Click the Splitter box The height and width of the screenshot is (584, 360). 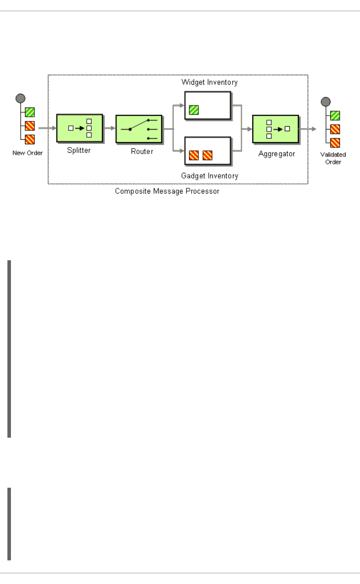[x=79, y=128]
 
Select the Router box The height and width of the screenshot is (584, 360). [x=139, y=129]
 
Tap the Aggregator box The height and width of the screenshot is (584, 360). [x=275, y=129]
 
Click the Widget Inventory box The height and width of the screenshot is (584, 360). [x=208, y=105]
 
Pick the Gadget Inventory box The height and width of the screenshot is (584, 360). [x=208, y=151]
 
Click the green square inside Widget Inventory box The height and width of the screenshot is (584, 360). [x=194, y=110]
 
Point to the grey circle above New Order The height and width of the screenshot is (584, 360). [x=20, y=98]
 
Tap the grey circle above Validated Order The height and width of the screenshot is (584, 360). [x=325, y=102]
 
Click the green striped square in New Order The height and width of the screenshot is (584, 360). [x=30, y=112]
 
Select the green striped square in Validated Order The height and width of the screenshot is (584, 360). [x=335, y=116]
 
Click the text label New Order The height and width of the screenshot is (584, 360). [x=28, y=153]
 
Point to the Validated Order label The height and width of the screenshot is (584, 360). [x=333, y=158]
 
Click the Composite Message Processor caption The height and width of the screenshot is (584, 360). [x=167, y=191]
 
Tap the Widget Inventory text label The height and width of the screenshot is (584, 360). [x=209, y=82]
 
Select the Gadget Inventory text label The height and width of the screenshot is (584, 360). [x=209, y=176]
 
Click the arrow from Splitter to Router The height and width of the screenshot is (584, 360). [x=110, y=128]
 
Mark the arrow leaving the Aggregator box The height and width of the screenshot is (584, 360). [x=308, y=129]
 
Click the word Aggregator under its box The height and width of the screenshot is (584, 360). [x=276, y=154]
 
